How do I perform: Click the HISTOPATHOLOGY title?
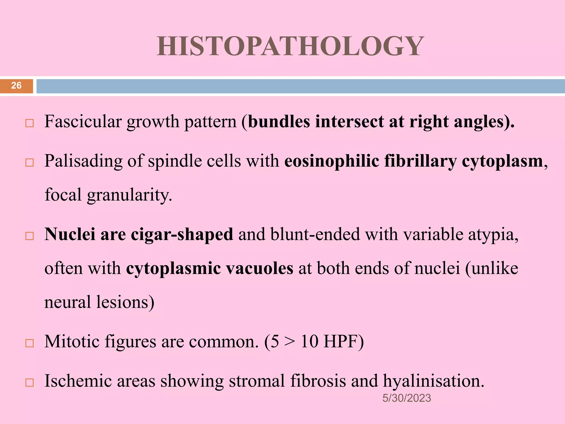(290, 46)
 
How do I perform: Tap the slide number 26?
(16, 86)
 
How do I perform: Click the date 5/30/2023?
(406, 398)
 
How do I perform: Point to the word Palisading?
(83, 161)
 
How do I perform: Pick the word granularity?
(129, 195)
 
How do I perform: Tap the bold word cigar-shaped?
(182, 234)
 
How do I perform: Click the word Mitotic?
(72, 342)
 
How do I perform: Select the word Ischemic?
(78, 381)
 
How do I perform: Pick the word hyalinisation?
(433, 381)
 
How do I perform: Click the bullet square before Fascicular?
(29, 123)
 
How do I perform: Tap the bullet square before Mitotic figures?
(29, 343)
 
